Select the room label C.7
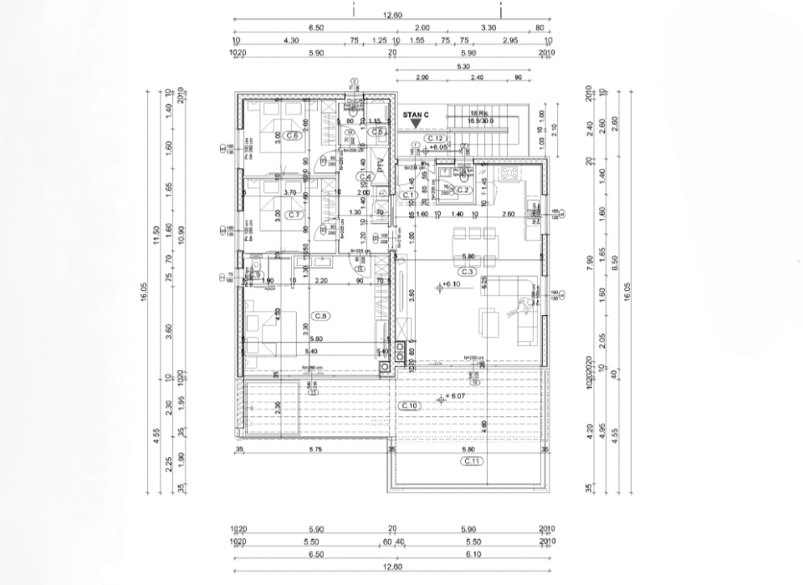294,215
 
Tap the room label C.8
320,315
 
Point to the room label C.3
467,272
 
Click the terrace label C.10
409,405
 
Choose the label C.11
472,460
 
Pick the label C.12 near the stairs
433,138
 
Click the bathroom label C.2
464,191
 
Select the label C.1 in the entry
408,195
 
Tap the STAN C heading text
416,114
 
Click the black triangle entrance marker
416,125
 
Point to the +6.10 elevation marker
451,285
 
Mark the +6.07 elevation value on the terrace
455,395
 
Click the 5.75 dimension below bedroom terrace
315,450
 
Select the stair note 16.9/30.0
480,120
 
